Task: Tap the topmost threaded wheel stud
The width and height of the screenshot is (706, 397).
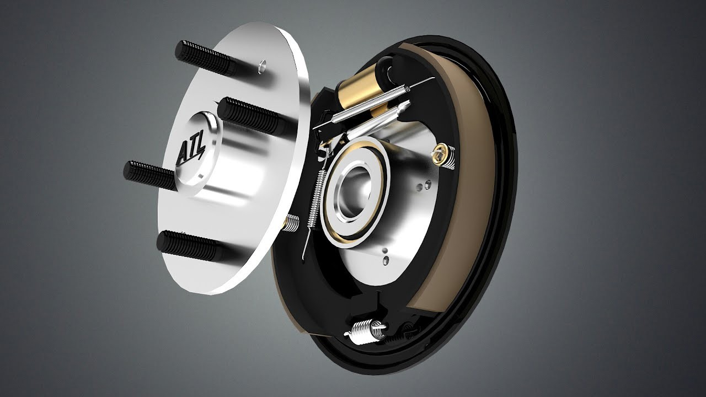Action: pyautogui.click(x=206, y=58)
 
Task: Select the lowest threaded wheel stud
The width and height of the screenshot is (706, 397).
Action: pyautogui.click(x=189, y=246)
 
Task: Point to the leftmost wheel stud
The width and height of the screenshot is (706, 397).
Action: pyautogui.click(x=151, y=175)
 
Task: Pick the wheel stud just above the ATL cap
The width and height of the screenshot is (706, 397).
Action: pyautogui.click(x=249, y=115)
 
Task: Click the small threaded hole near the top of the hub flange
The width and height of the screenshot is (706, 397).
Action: pyautogui.click(x=261, y=67)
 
